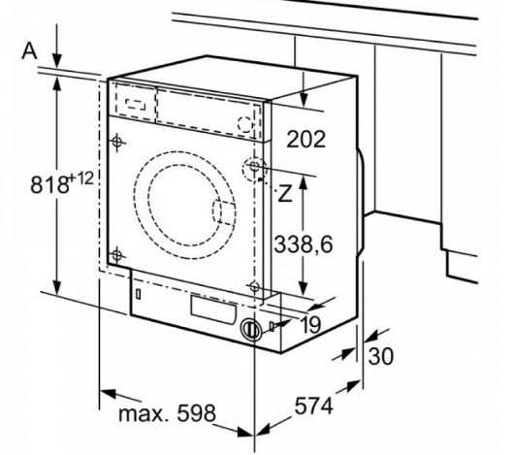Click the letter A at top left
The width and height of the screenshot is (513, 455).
point(29,51)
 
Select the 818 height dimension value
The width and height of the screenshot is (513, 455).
point(49,184)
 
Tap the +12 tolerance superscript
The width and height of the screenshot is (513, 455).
point(81,179)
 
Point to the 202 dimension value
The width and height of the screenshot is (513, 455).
point(305,139)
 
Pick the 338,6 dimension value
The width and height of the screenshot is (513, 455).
point(304,244)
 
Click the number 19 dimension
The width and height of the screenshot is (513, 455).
point(310,325)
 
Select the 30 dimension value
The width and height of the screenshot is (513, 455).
point(380,356)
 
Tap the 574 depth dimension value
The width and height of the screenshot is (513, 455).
point(314,406)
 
